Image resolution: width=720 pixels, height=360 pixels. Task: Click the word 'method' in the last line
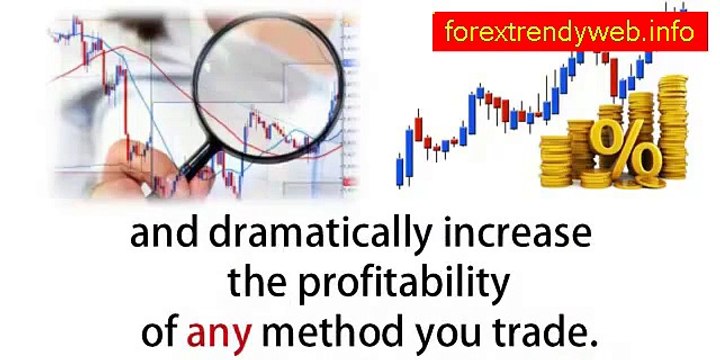tap(329, 328)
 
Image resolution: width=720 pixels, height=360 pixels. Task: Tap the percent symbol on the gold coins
tap(625, 150)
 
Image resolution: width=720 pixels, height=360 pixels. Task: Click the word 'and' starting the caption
tap(159, 237)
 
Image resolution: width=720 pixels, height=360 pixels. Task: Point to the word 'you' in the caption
tap(436, 330)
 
